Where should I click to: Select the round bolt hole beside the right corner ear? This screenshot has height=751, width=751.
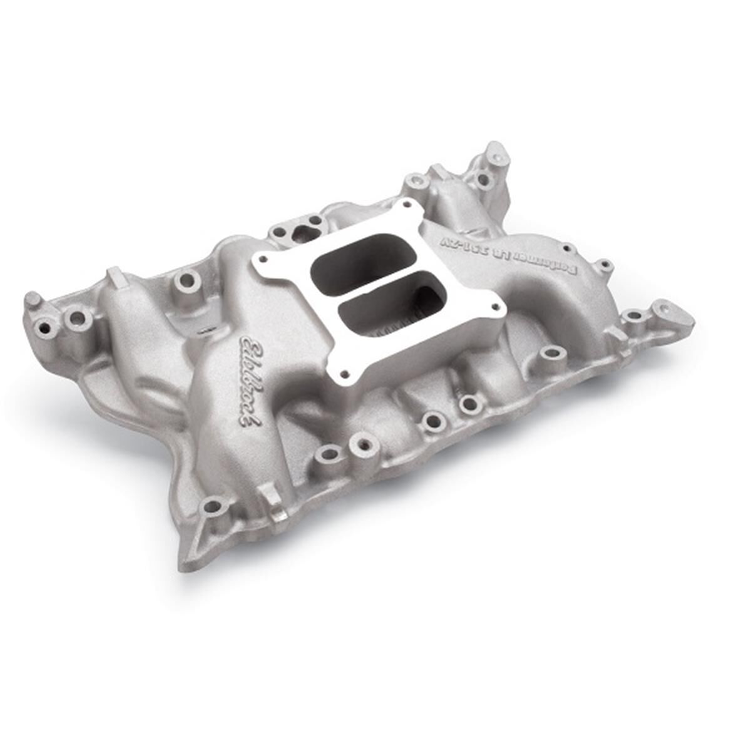633,315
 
